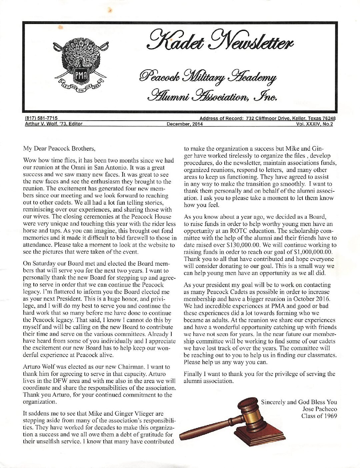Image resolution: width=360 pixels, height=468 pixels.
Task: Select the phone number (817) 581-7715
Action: pos(42,118)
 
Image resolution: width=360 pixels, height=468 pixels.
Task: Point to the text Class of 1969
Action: pos(319,416)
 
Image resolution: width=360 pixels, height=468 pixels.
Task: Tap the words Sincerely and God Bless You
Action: pos(299,402)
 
